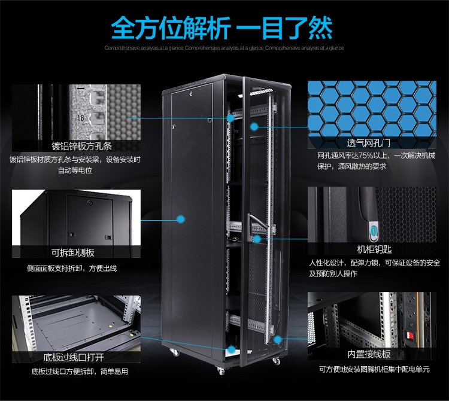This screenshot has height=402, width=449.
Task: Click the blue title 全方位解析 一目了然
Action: tap(222, 28)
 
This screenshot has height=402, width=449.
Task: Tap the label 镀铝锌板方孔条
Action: tap(81, 146)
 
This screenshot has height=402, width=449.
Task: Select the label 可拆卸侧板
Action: tap(72, 252)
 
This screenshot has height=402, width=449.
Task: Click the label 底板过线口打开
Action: tap(73, 357)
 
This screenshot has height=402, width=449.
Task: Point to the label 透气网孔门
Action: tap(369, 142)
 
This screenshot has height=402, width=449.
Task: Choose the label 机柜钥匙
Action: tap(374, 249)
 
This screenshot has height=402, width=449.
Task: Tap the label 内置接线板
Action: tap(369, 354)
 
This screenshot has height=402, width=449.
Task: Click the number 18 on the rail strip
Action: tap(80, 118)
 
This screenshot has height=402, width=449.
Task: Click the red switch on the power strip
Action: tap(409, 336)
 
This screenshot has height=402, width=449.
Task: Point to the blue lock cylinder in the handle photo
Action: tap(374, 230)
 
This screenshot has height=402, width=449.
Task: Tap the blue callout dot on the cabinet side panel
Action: tap(180, 219)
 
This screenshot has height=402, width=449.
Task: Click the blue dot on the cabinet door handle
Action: tap(257, 239)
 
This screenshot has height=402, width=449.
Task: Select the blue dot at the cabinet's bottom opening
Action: tap(231, 349)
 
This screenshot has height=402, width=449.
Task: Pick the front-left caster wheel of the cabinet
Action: tap(221, 371)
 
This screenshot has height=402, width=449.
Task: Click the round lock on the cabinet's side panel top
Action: tap(191, 93)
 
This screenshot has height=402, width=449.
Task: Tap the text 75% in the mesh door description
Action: tap(366, 156)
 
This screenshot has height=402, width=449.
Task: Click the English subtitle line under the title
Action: tap(224, 48)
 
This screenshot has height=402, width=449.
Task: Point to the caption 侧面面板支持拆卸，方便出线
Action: tap(72, 269)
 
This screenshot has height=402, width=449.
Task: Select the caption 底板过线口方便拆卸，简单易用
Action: tap(80, 371)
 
